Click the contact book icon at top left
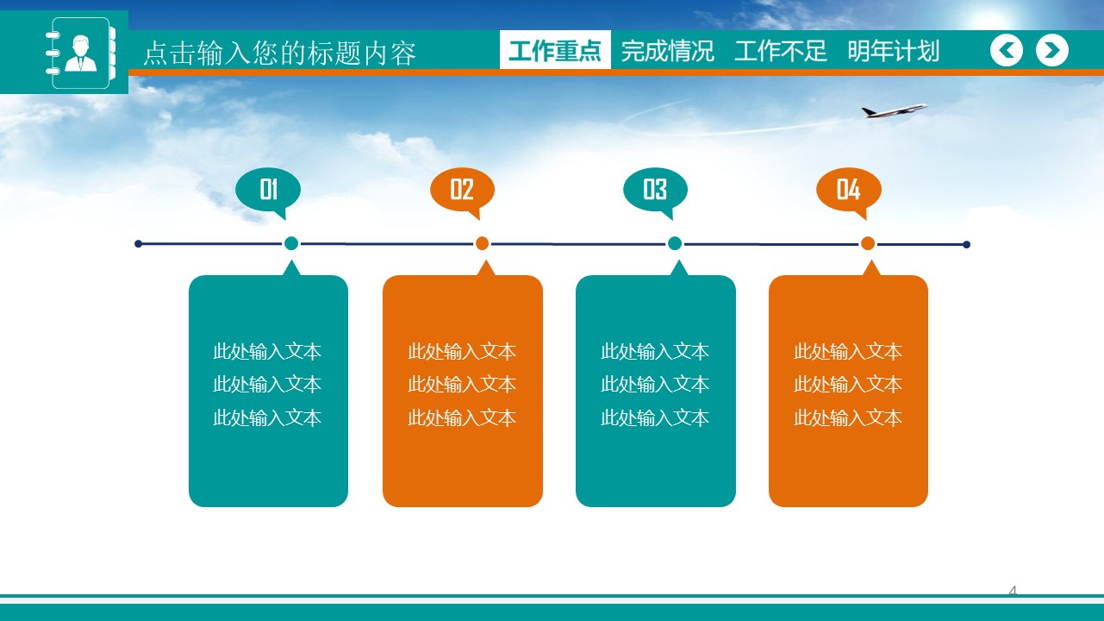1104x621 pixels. (x=80, y=53)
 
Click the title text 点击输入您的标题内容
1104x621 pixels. (x=279, y=53)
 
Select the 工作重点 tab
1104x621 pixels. (x=555, y=51)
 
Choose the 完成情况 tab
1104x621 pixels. (x=667, y=51)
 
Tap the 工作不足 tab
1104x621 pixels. (x=780, y=51)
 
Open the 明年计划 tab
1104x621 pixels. (x=893, y=51)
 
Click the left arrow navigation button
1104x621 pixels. (x=1007, y=51)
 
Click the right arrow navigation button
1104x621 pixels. (x=1051, y=51)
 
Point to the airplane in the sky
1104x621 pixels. (x=894, y=110)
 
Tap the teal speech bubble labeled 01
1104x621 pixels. (x=268, y=189)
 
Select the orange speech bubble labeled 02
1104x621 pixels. (x=462, y=189)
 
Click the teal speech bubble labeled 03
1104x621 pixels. (x=655, y=189)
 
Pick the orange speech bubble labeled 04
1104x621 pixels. (x=848, y=189)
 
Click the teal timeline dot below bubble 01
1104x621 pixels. (x=291, y=243)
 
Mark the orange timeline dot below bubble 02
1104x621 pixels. (x=483, y=243)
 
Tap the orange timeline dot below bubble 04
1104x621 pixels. (x=868, y=243)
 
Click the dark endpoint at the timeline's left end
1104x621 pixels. (x=138, y=244)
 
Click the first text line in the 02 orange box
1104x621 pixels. (x=462, y=351)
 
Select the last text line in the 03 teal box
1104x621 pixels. (x=655, y=418)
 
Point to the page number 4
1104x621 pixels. (x=1013, y=591)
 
